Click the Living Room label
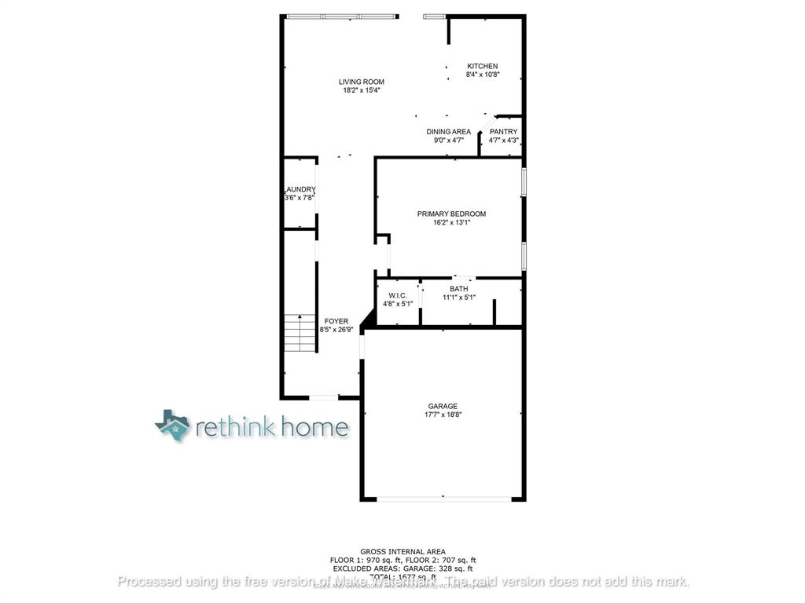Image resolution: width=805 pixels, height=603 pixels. [x=362, y=82]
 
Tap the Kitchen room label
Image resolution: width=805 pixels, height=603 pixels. [x=483, y=66]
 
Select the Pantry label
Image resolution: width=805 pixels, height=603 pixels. [x=503, y=132]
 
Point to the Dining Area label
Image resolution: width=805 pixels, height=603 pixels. [x=449, y=132]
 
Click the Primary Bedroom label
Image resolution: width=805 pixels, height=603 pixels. [x=451, y=214]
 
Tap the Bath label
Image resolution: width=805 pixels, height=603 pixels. [x=459, y=289]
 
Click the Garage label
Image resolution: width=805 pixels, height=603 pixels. [x=443, y=406]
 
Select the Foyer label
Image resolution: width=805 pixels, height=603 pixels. [x=336, y=321]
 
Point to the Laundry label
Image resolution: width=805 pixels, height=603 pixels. [x=300, y=189]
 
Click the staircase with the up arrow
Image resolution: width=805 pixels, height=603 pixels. [x=300, y=333]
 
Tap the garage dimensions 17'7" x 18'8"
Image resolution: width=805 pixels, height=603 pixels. [x=443, y=415]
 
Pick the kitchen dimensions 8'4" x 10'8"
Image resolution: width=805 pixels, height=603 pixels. [x=483, y=75]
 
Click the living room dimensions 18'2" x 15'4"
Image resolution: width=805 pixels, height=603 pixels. [x=362, y=90]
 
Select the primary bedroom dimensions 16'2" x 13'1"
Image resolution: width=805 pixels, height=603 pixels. [x=451, y=222]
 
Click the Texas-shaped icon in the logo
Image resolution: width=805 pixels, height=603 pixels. [x=173, y=425]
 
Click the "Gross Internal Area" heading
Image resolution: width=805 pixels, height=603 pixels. [x=402, y=552]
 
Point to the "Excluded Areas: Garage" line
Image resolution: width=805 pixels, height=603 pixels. [x=402, y=568]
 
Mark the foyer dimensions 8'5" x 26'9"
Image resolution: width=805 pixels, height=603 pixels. [x=336, y=330]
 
